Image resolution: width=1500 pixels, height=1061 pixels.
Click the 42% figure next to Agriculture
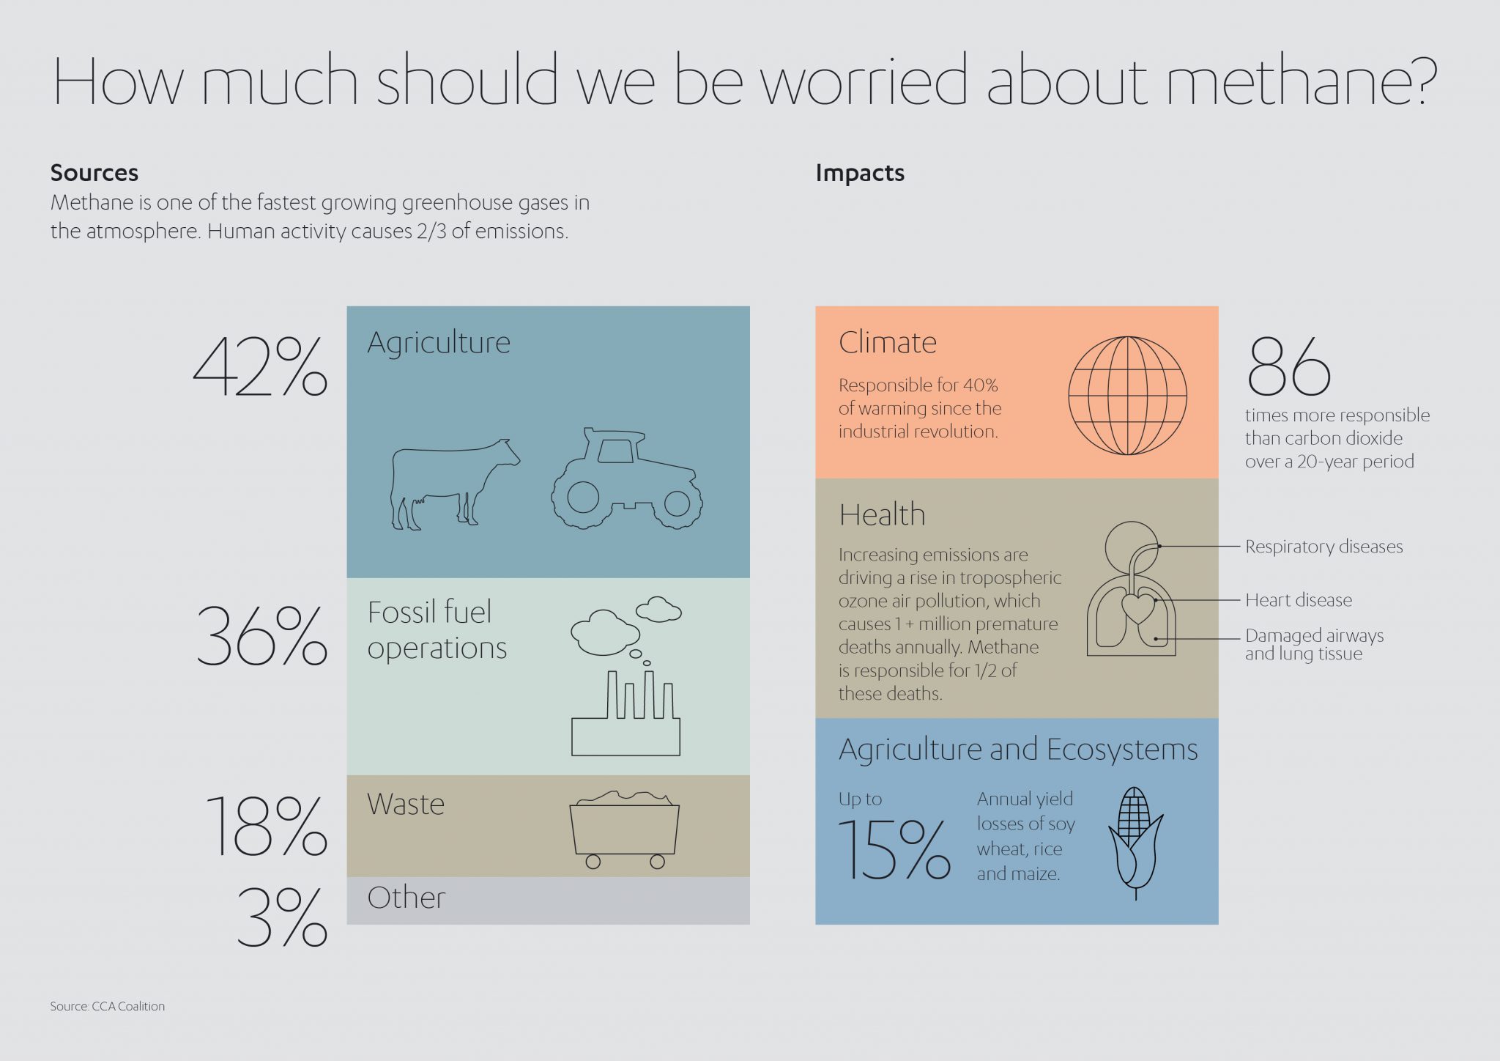point(260,368)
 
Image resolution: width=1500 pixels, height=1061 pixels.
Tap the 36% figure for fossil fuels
point(261,636)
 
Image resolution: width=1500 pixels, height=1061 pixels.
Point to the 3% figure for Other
point(282,918)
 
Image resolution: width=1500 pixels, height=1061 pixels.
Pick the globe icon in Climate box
point(1127,396)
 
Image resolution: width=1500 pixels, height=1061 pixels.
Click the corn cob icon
point(1135,843)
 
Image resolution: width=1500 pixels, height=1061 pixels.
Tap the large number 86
point(1288,367)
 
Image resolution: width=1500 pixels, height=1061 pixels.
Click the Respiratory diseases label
point(1323,547)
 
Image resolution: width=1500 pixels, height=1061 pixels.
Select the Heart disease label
point(1299,600)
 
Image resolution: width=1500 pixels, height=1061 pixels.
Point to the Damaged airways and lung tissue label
point(1314,645)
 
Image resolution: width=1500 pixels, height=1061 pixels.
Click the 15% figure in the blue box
point(894,850)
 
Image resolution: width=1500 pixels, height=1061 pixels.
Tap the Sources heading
point(94,173)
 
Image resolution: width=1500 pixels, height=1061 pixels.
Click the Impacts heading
point(860,173)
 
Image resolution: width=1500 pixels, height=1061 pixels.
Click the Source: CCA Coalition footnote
point(108,1007)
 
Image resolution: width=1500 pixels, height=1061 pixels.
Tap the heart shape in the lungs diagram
point(1137,607)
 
